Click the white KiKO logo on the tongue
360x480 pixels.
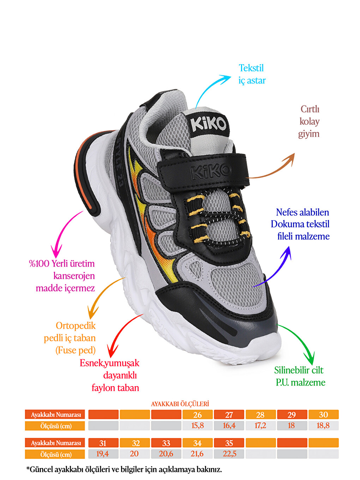coord(208,124)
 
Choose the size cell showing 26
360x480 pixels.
coord(198,415)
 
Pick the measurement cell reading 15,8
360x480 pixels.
coord(198,426)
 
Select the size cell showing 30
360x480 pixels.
coord(324,415)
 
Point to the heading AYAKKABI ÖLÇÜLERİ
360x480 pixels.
coord(180,404)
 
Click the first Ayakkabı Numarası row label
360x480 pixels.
coord(56,415)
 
